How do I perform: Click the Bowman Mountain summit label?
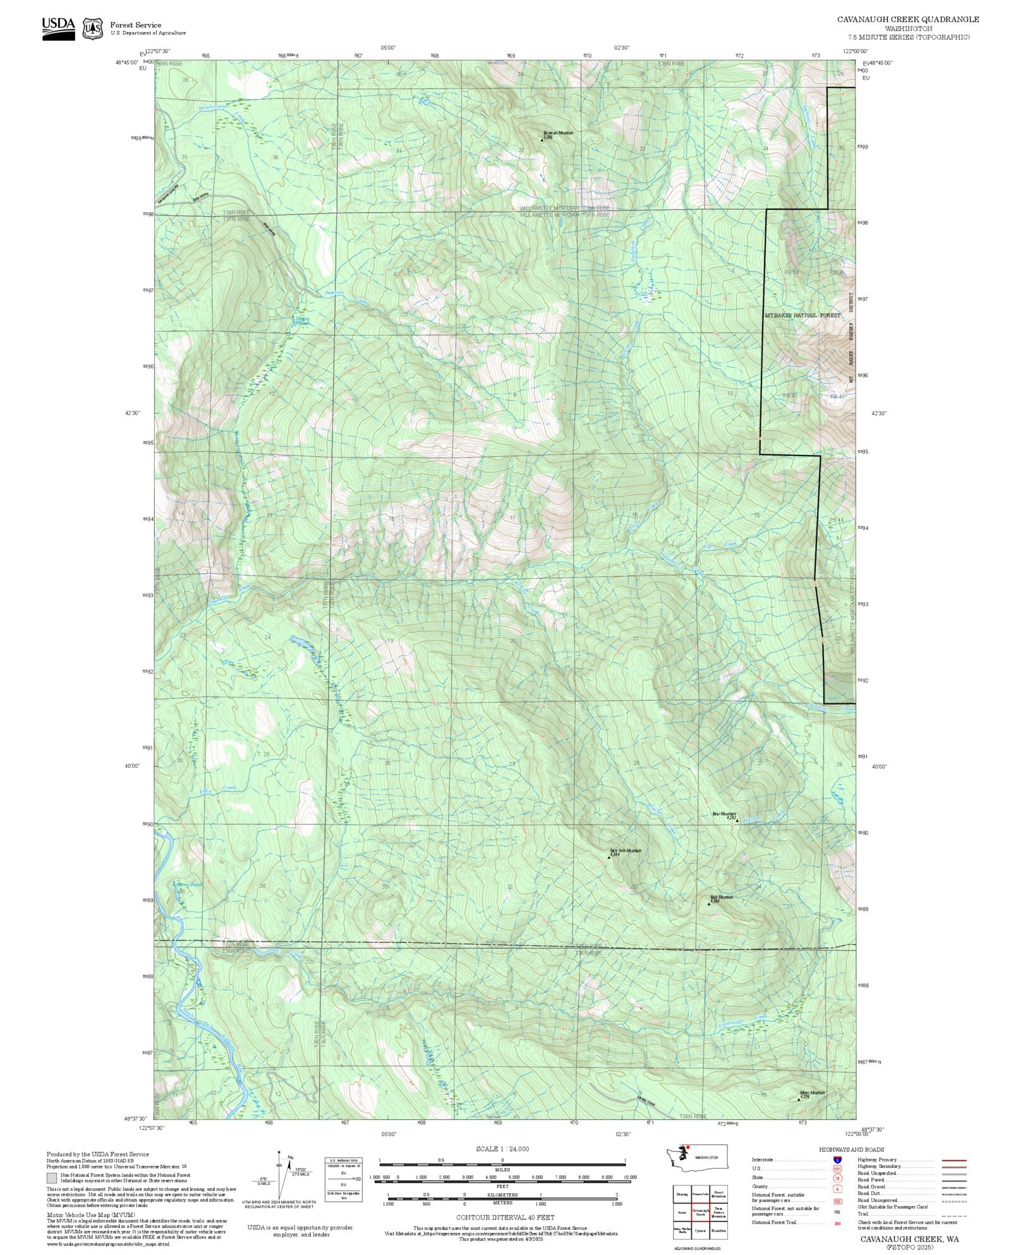558,133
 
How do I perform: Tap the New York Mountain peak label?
626,851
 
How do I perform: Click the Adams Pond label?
187,885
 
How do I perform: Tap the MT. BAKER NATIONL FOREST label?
802,315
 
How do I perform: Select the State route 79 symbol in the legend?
837,1178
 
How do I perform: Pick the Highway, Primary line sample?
953,1160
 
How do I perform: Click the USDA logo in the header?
58,28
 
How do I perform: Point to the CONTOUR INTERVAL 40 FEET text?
505,1217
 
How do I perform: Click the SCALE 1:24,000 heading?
502,1149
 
